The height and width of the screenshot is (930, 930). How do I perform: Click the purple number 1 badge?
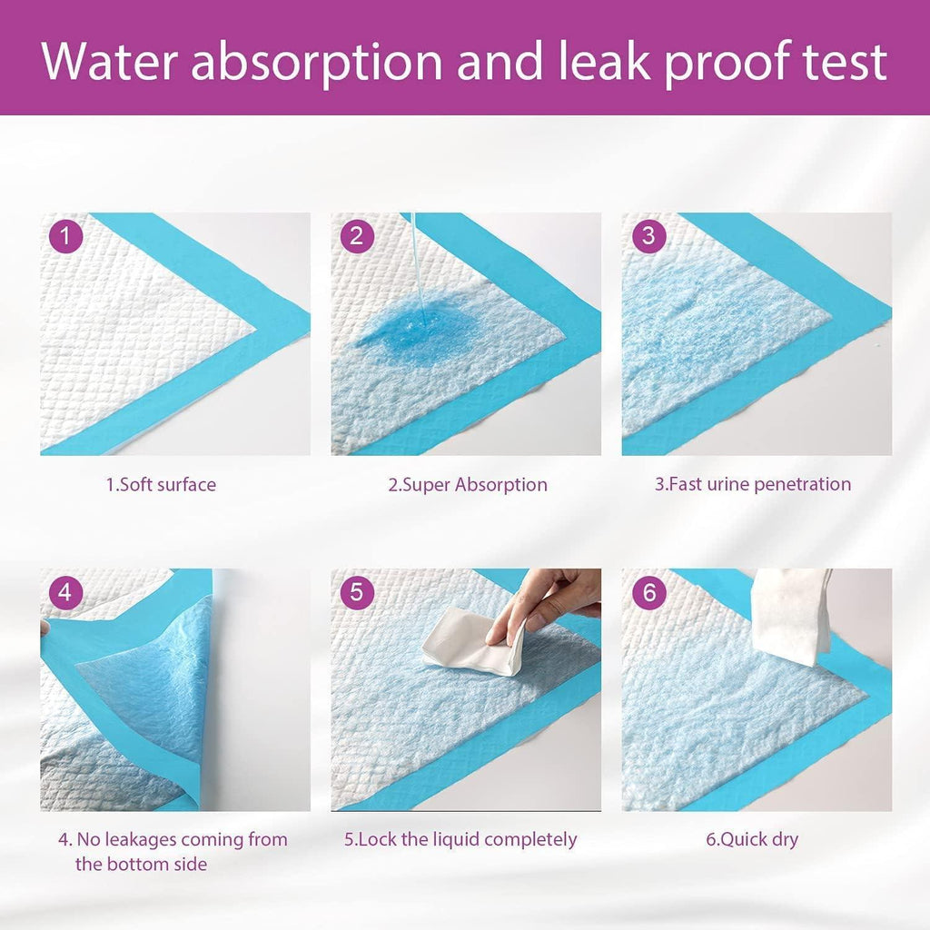pyautogui.click(x=64, y=237)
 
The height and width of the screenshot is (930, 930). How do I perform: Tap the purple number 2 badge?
pyautogui.click(x=356, y=237)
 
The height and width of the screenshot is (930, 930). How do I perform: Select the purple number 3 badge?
pyautogui.click(x=648, y=237)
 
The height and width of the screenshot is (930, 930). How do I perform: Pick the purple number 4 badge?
pyautogui.click(x=64, y=593)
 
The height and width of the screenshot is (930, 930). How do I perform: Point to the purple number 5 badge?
pyautogui.click(x=356, y=593)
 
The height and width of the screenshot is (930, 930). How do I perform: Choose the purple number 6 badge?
pyautogui.click(x=648, y=593)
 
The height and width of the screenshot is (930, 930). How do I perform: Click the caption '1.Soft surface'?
pyautogui.click(x=161, y=484)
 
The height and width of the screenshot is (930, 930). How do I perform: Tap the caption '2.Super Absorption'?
pyautogui.click(x=467, y=484)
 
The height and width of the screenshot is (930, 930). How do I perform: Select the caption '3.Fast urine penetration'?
pyautogui.click(x=753, y=484)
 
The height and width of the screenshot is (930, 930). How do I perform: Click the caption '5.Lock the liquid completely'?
pyautogui.click(x=460, y=839)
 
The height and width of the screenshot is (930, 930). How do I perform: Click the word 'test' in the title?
pyautogui.click(x=839, y=62)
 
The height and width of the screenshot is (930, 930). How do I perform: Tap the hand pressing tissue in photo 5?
pyautogui.click(x=554, y=599)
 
